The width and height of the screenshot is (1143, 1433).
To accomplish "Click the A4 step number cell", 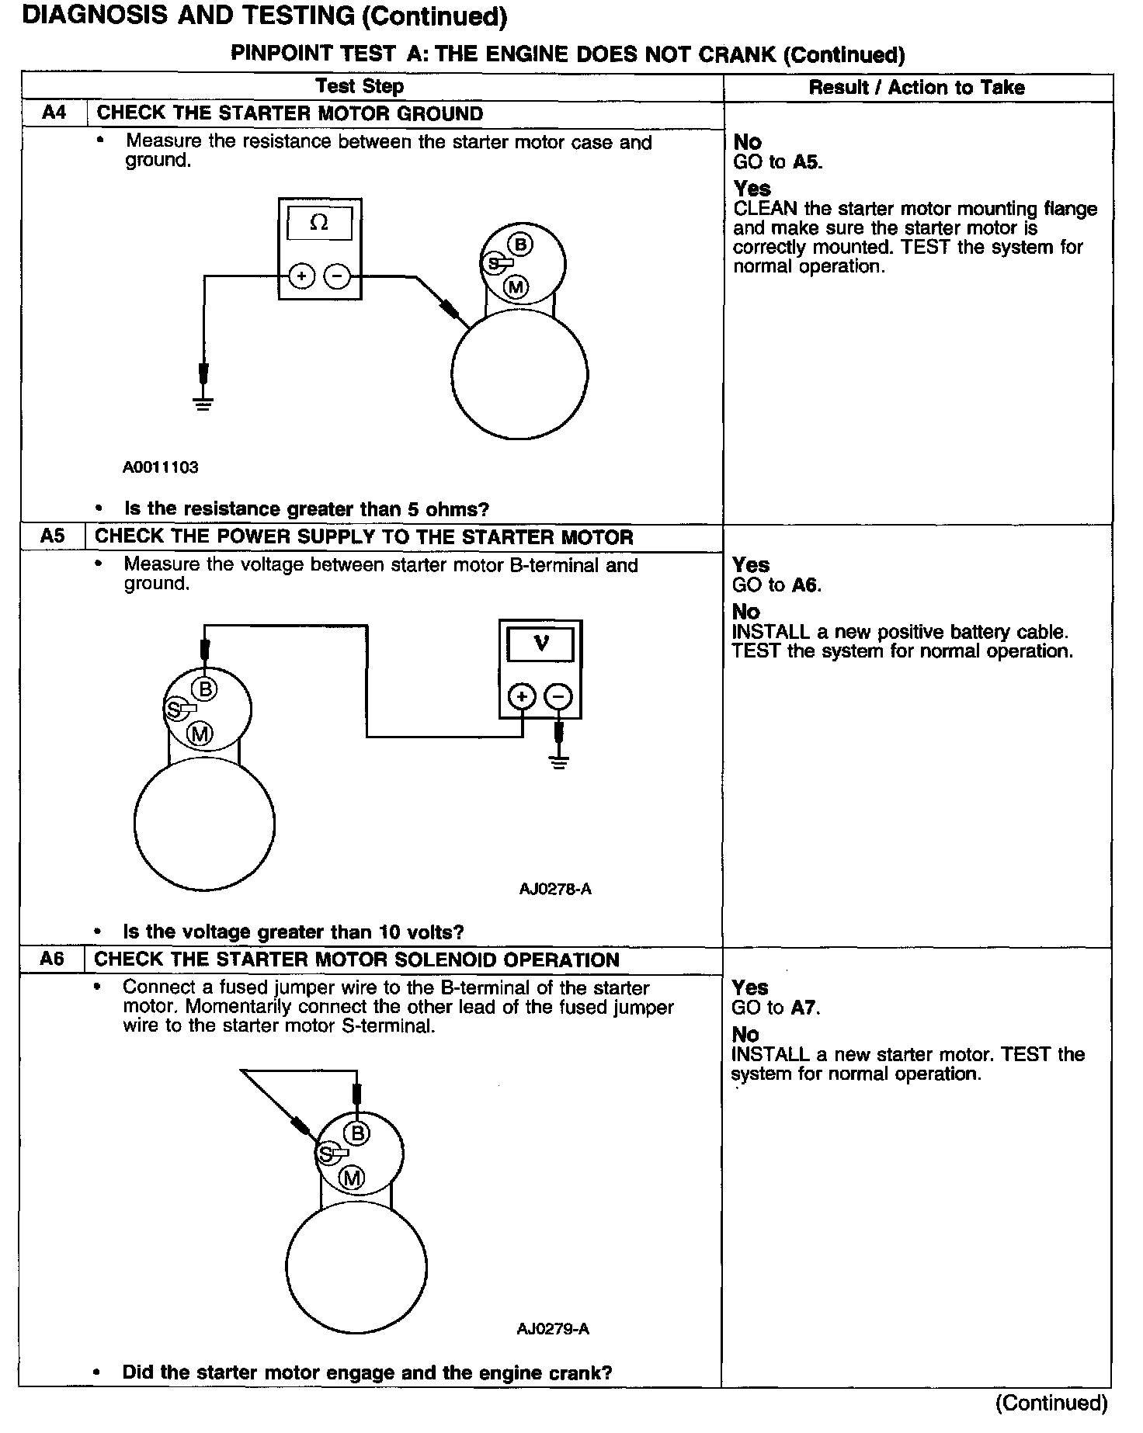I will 54,113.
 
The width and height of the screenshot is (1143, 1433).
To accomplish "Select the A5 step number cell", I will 53,536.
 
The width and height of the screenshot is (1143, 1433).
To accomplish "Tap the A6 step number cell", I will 51,959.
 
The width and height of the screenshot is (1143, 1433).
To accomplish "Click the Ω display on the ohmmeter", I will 319,223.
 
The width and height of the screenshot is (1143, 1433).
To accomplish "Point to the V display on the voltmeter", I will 540,644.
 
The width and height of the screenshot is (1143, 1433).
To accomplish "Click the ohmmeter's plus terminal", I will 301,276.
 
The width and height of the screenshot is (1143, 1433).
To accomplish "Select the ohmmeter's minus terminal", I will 337,276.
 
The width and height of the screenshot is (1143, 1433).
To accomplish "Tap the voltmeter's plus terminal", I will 522,697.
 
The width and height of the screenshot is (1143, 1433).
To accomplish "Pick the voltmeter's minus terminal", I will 558,697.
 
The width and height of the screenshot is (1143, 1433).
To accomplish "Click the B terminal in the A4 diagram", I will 521,245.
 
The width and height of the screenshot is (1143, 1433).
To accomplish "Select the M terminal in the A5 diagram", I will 201,734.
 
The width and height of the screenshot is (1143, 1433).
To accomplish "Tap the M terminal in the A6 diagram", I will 353,1178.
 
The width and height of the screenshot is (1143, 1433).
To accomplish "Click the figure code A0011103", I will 161,467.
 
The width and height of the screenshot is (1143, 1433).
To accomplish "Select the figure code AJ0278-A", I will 555,890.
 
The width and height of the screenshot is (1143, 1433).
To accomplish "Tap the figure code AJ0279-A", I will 553,1329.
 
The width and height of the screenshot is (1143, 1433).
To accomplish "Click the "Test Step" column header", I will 360,86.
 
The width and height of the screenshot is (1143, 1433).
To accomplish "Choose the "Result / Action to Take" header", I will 916,88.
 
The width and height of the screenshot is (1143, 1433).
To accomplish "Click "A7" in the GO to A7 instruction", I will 804,1008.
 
